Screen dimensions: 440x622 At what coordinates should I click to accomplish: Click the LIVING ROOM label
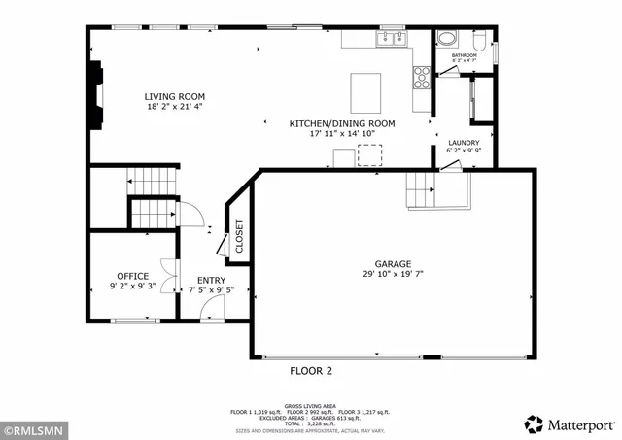(x=175, y=96)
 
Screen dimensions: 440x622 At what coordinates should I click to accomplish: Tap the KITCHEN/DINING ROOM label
(x=342, y=123)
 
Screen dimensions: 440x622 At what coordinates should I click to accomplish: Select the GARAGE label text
(x=394, y=264)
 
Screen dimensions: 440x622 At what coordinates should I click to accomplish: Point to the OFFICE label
(x=133, y=276)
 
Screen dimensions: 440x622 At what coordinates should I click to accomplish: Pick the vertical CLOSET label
(x=239, y=236)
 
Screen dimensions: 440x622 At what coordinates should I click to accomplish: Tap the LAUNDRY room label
(x=464, y=142)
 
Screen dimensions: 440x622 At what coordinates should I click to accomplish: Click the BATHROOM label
(x=465, y=55)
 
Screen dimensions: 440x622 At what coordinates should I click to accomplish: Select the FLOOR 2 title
(x=311, y=371)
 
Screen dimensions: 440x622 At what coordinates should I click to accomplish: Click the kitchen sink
(x=393, y=39)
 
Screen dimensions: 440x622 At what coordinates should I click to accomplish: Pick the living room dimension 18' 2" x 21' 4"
(x=175, y=107)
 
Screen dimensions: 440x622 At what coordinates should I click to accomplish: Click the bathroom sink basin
(x=447, y=40)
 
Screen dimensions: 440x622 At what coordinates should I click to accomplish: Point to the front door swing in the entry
(x=212, y=307)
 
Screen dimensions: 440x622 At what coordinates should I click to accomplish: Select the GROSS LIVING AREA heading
(x=310, y=405)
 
